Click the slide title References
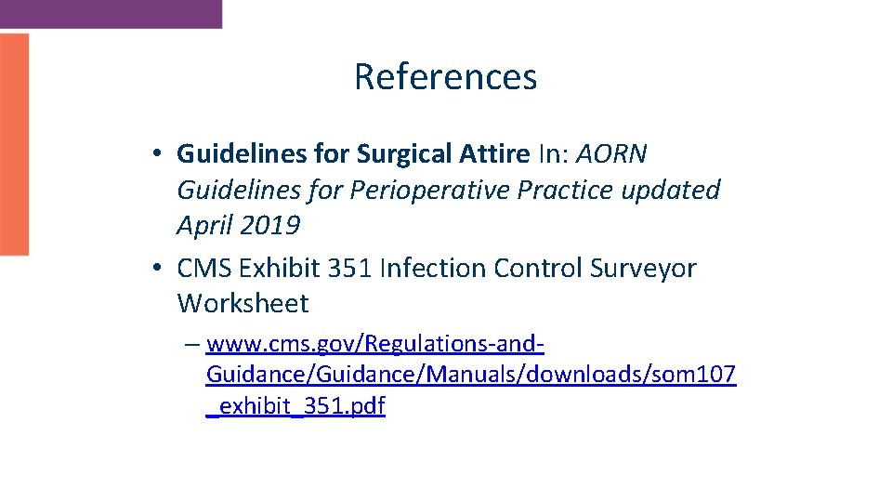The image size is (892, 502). [x=445, y=76]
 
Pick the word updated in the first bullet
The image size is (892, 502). [x=665, y=190]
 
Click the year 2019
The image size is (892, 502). [x=269, y=226]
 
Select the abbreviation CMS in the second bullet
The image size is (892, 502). [x=204, y=268]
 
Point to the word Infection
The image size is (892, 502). [x=433, y=268]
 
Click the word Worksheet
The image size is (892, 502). [x=243, y=303]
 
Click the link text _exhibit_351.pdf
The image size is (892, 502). [x=295, y=406]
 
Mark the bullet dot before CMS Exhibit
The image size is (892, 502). [x=160, y=269]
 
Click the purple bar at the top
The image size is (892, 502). [x=111, y=13]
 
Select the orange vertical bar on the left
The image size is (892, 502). [x=14, y=144]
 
